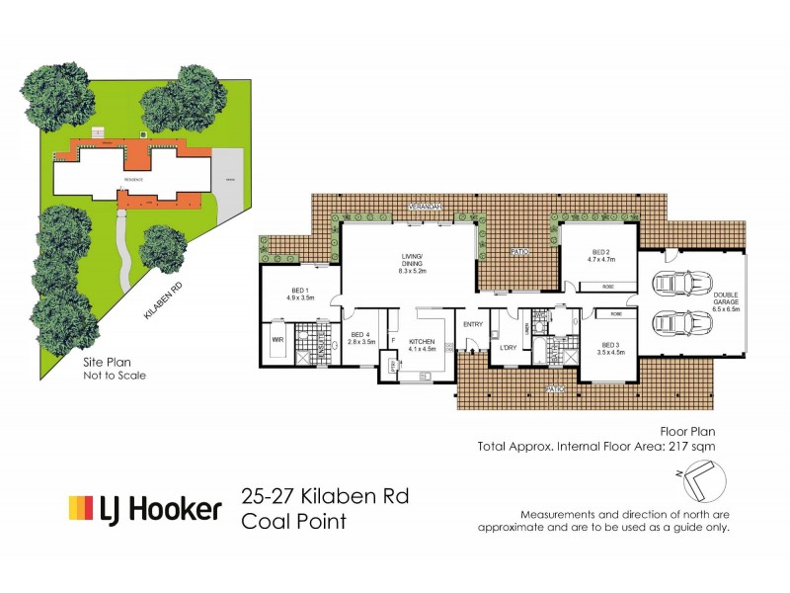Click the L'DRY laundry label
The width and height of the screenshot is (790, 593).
(510, 347)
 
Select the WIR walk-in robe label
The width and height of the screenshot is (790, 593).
(277, 339)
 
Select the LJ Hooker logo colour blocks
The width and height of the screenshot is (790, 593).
(80, 508)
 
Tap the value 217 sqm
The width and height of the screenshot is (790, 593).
(690, 446)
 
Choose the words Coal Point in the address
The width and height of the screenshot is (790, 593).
(293, 521)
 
